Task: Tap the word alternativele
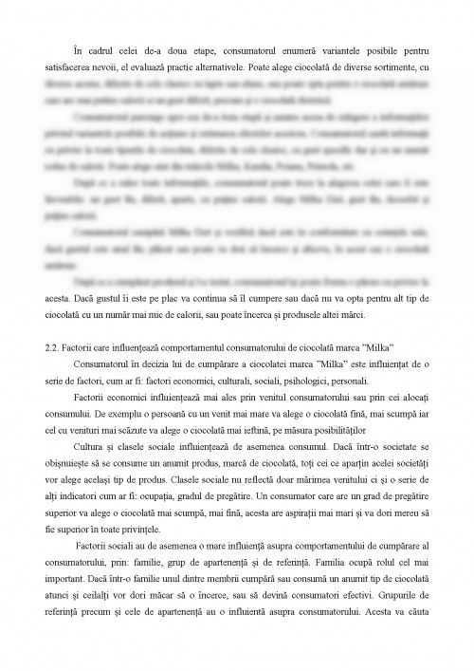(x=213, y=59)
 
